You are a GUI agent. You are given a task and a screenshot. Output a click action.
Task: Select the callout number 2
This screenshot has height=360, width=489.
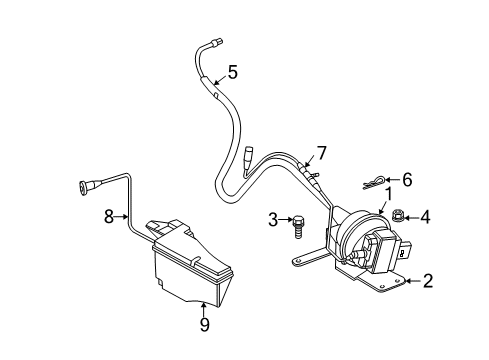[x=428, y=282]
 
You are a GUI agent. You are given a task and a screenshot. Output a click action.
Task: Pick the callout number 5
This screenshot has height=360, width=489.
[x=232, y=72]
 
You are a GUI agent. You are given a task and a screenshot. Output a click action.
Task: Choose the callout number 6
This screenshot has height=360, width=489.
[x=407, y=179]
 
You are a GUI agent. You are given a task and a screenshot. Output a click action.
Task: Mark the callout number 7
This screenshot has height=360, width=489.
[x=322, y=152]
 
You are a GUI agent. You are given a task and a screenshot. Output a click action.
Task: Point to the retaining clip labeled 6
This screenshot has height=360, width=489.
[x=375, y=183]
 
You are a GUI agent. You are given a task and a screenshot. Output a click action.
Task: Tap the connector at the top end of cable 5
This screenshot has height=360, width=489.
[x=213, y=42]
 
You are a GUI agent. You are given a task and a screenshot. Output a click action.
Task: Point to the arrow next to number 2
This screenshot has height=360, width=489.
[x=409, y=282]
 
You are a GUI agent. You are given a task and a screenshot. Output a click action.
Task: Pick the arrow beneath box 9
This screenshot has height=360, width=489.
[x=204, y=306]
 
